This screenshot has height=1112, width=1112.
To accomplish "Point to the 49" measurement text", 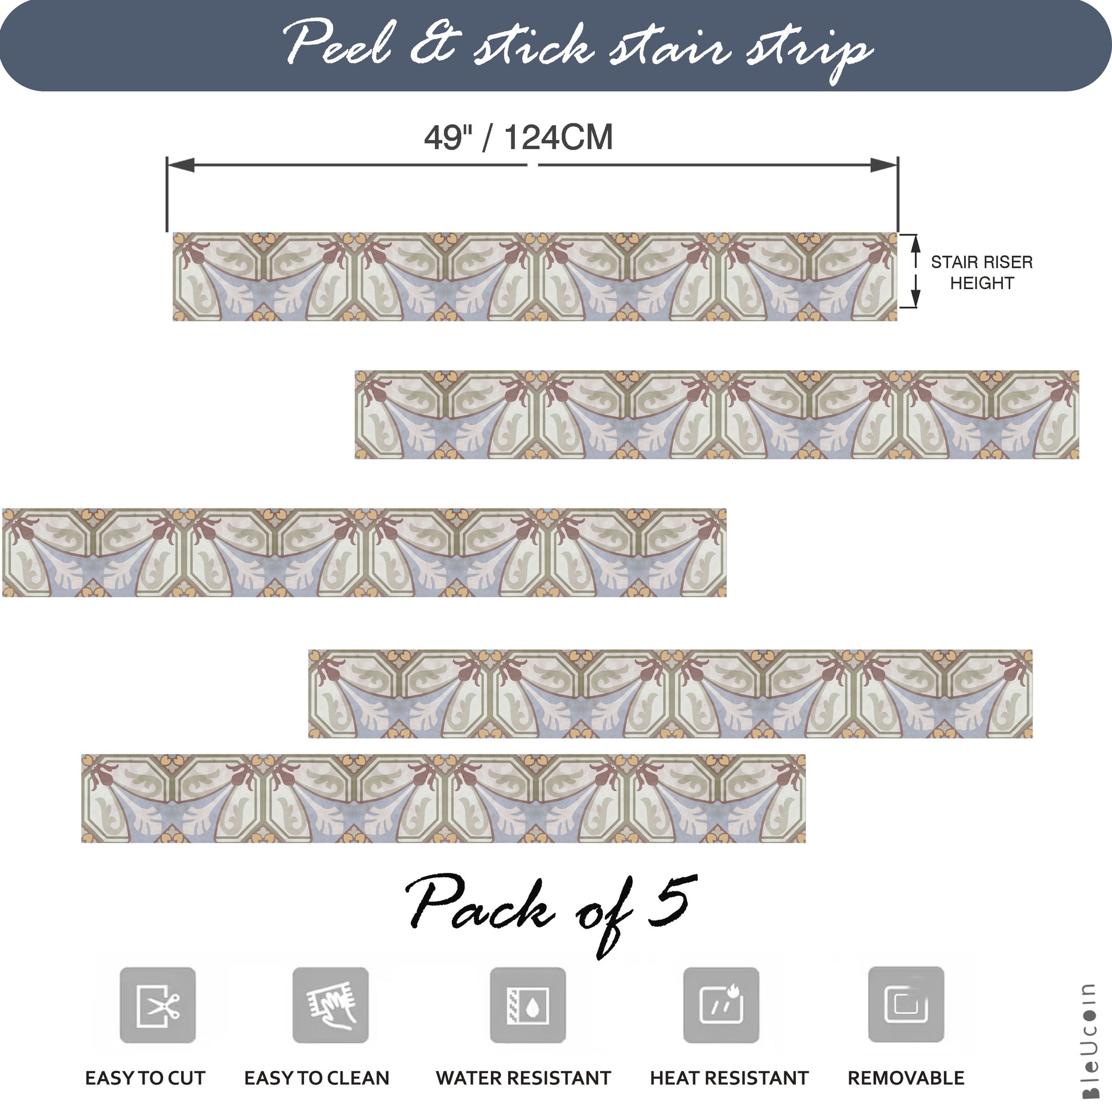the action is click(449, 138).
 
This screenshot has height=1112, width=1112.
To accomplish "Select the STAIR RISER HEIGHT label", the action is click(982, 272).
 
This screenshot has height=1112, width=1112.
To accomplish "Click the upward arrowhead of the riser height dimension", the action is click(917, 243).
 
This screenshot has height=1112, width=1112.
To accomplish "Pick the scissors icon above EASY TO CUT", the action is click(158, 1006).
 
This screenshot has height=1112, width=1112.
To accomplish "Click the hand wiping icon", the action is click(330, 1006).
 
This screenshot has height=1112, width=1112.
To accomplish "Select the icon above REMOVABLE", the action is click(906, 1005).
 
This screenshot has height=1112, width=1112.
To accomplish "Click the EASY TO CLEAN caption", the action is click(317, 1078).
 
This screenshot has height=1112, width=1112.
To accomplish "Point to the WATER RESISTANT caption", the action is click(523, 1078).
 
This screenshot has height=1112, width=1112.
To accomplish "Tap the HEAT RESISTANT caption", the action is click(729, 1078).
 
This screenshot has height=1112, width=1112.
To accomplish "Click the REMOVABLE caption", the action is click(906, 1078).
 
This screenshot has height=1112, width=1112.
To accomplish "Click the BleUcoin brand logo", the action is click(1089, 1041).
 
